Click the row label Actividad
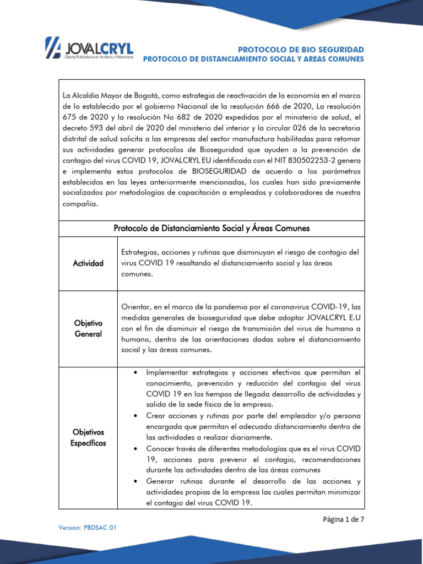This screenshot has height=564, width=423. [x=89, y=263]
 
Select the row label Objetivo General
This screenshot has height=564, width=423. [x=89, y=328]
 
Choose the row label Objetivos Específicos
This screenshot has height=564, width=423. [x=89, y=437]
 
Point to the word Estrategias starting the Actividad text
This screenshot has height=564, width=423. [x=140, y=252]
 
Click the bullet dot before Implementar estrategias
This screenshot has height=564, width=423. [x=134, y=373]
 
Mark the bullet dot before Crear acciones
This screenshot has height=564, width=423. [x=134, y=416]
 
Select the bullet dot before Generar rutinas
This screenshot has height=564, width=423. [x=134, y=481]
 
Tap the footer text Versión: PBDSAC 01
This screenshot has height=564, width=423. [x=88, y=527]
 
